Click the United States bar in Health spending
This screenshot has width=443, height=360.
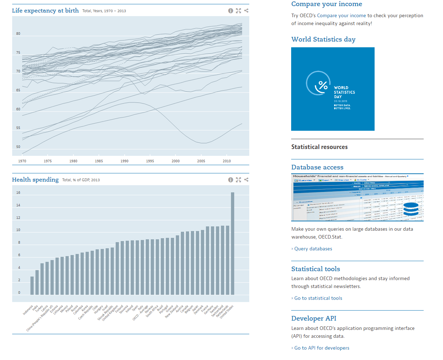point(232,244)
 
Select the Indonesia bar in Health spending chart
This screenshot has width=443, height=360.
point(32,285)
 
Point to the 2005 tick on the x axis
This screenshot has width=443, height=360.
point(201,161)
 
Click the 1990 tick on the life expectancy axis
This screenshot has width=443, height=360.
point(124,161)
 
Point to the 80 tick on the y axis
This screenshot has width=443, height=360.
point(18,34)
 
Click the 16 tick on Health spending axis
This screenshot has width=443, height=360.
point(18,193)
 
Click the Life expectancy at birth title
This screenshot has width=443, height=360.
point(45,10)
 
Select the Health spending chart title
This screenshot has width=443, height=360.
point(35,179)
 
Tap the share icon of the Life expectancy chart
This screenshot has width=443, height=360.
point(246,11)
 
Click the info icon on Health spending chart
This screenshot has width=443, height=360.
point(231,180)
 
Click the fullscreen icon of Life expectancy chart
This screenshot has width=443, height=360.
point(239,11)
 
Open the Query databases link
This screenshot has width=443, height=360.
point(313,249)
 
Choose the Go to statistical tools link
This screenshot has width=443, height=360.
point(318,298)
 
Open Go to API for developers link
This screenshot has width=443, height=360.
point(322,348)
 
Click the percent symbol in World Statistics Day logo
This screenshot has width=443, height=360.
point(323,85)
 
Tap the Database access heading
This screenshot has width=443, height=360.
point(317,167)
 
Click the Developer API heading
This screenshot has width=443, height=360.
point(313,318)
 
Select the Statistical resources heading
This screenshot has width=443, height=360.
point(319,147)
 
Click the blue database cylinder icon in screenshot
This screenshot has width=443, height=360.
point(411,209)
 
